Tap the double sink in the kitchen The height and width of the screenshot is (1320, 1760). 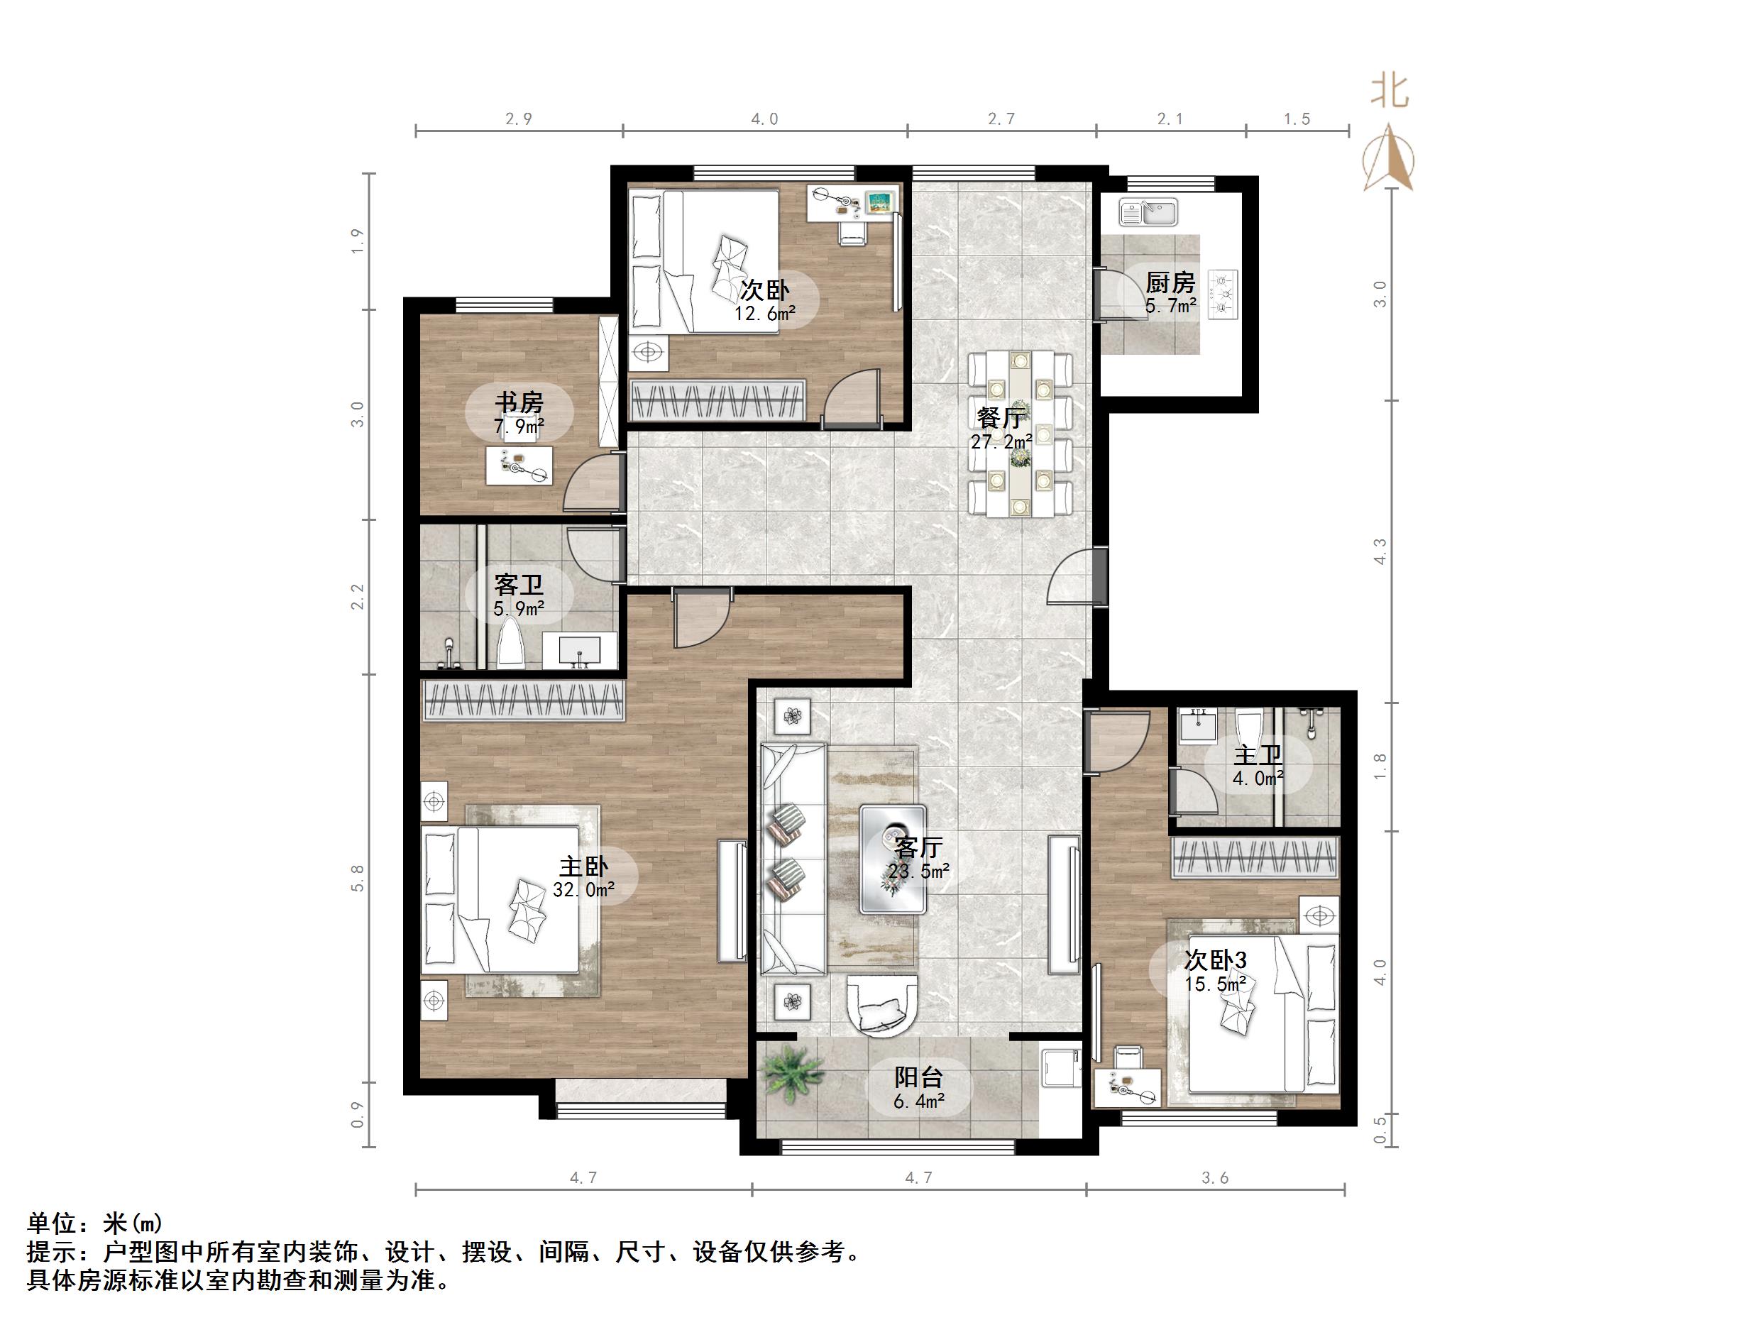click(x=1148, y=212)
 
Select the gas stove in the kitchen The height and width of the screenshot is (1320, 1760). click(x=1223, y=295)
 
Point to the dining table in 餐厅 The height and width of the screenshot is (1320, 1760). click(x=1020, y=434)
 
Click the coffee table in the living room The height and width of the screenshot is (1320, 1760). click(x=893, y=859)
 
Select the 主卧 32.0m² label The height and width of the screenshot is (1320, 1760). click(x=583, y=878)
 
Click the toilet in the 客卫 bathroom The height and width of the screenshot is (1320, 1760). click(x=510, y=646)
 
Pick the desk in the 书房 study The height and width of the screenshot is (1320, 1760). click(x=519, y=466)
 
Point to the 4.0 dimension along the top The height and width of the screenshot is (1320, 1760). click(x=764, y=119)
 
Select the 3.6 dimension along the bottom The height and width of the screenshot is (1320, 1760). click(x=1215, y=1178)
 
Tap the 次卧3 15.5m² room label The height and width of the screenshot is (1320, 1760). click(x=1215, y=972)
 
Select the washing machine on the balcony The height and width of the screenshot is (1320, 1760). click(x=1062, y=1067)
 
